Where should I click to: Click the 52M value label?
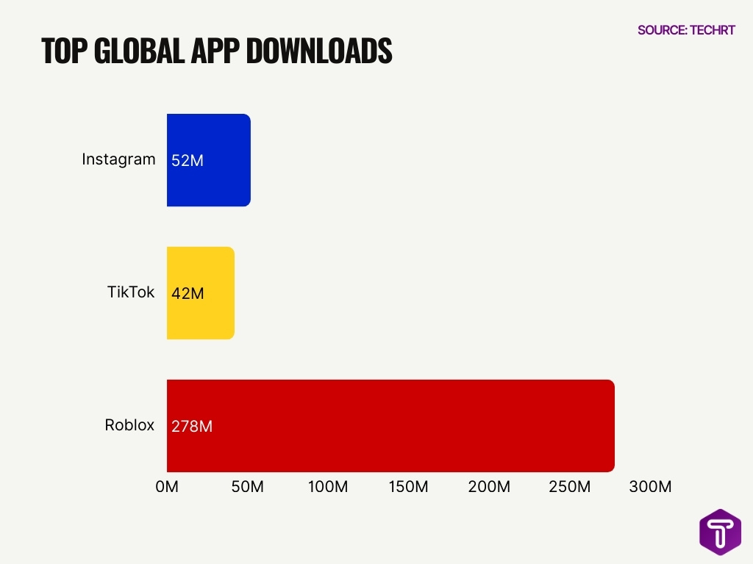pos(187,160)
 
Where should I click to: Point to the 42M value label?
pos(187,294)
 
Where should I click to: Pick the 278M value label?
pos(191,426)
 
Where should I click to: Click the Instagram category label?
pos(118,159)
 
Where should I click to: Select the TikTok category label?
pos(131,292)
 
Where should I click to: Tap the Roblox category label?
pos(129,425)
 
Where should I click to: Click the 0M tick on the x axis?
pos(167,487)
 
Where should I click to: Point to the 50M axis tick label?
pos(247,487)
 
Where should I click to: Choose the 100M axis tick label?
pos(328,487)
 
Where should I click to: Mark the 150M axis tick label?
pos(408,487)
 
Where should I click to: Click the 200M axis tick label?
pos(489,487)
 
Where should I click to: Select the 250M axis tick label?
pos(570,487)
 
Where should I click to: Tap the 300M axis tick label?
pos(650,487)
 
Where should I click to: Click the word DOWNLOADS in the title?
pos(318,51)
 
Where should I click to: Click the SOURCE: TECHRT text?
pos(686,30)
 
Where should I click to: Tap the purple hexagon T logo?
pos(720,532)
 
